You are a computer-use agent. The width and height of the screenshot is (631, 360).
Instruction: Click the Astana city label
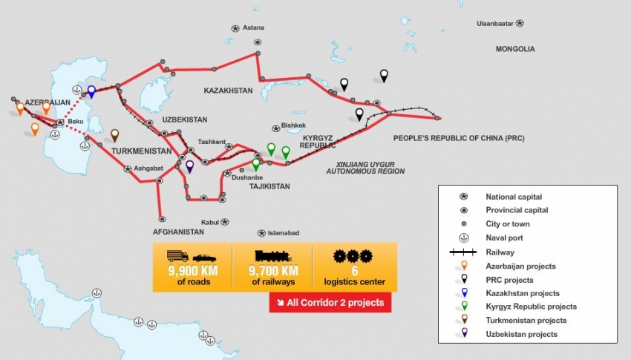click(253, 27)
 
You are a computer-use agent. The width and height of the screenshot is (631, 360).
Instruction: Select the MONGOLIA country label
click(515, 49)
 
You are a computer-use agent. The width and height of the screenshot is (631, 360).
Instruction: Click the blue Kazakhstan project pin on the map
click(91, 91)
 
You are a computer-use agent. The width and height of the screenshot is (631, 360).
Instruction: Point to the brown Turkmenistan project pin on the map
click(115, 135)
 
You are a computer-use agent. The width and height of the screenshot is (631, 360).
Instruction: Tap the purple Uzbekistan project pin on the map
click(190, 167)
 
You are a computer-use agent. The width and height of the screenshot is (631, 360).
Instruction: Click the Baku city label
click(76, 121)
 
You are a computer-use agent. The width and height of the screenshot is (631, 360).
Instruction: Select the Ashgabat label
click(148, 168)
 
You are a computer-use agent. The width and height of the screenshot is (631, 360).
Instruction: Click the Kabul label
click(210, 222)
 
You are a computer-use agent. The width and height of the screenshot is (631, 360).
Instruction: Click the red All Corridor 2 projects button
click(330, 302)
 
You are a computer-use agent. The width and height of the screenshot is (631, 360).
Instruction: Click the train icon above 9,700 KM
click(272, 256)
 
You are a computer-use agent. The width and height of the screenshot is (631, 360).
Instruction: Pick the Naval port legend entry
click(504, 238)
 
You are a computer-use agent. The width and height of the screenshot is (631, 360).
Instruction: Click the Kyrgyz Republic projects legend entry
click(531, 307)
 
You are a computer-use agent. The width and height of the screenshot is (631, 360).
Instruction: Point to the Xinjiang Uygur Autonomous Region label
click(365, 167)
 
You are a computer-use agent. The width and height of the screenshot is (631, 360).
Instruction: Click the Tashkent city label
click(211, 141)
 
